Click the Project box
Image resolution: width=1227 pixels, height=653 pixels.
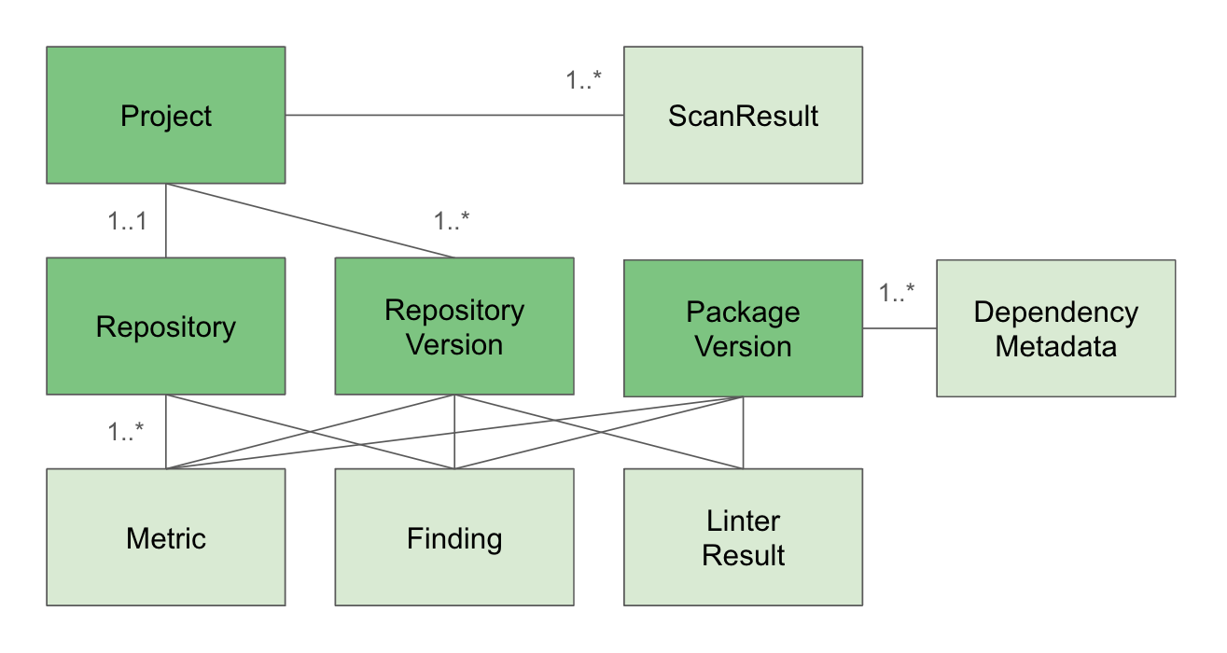[x=166, y=116]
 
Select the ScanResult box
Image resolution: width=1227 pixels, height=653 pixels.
[x=743, y=116]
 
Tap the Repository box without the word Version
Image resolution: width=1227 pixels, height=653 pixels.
[x=166, y=326]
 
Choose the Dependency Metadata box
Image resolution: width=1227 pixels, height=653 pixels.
[x=1055, y=328]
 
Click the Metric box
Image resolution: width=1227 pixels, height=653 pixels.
[x=166, y=537]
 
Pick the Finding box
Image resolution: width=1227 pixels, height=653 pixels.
[x=454, y=537]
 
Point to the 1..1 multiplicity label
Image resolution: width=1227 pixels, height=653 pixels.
[x=128, y=222]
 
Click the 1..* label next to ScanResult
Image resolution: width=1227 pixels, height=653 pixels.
[x=584, y=80]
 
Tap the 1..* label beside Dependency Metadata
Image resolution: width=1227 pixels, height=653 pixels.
[x=897, y=292]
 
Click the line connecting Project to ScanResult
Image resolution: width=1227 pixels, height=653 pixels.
[x=454, y=116]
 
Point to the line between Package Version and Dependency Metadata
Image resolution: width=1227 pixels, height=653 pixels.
[x=899, y=328]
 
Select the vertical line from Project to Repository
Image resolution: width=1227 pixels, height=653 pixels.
[x=166, y=220]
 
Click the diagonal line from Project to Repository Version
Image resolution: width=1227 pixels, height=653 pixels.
[x=308, y=219]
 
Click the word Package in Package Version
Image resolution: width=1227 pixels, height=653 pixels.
[x=743, y=311]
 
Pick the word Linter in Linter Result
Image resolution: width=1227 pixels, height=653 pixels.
[x=743, y=521]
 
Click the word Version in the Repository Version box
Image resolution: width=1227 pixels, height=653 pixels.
[x=454, y=345]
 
